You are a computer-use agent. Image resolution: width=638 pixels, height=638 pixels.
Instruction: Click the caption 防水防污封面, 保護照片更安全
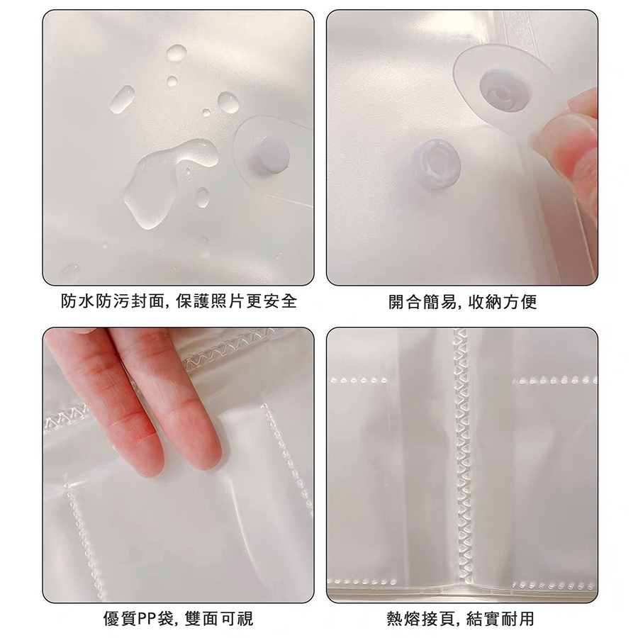tap(179, 301)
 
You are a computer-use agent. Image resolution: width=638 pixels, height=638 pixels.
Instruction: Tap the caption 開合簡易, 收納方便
tap(463, 301)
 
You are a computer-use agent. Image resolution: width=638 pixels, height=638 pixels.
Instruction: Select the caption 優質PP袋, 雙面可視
tap(178, 618)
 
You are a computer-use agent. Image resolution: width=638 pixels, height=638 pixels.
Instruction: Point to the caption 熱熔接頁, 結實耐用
tap(460, 618)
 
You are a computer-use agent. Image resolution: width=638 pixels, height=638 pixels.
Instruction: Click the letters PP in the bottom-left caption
tap(145, 619)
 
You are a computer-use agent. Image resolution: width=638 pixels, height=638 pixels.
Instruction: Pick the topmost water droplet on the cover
tap(177, 54)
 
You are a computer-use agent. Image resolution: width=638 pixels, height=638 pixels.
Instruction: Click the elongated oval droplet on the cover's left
tap(122, 99)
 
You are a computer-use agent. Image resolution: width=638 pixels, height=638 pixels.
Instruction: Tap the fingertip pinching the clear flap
tap(557, 134)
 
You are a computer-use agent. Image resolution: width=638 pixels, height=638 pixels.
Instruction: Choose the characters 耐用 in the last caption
tap(518, 618)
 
